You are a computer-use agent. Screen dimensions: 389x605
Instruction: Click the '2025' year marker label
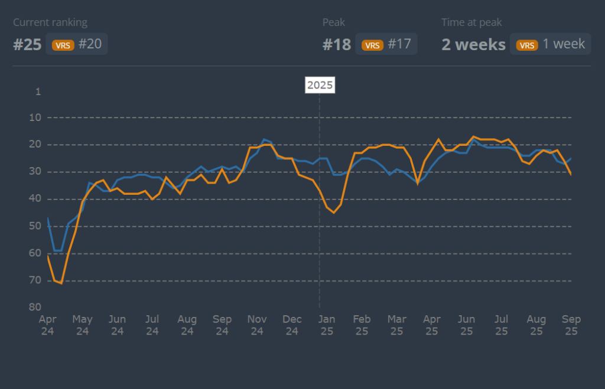coord(320,85)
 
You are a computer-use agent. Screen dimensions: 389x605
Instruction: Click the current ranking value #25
coord(27,45)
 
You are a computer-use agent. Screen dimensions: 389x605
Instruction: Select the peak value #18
coord(337,45)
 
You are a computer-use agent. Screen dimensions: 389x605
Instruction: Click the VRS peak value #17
coord(399,44)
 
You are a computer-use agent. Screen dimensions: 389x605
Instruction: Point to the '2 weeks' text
coord(474,45)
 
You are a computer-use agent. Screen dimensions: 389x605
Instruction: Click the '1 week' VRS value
coord(564,44)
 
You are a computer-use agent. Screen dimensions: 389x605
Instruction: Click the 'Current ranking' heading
coord(50,22)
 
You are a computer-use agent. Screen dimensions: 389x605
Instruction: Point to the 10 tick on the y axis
coord(35,117)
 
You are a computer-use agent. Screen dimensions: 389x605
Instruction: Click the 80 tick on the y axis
coord(35,307)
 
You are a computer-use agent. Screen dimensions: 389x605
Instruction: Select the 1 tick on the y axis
coord(38,91)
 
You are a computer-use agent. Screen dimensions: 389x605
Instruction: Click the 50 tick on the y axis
coord(35,226)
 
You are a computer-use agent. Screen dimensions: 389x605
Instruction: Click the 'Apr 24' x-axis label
coord(47,325)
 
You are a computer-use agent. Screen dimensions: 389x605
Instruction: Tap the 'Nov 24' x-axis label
coord(257,325)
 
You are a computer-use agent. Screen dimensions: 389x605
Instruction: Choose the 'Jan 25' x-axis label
coord(327,325)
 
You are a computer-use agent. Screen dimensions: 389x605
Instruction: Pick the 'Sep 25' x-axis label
coord(571,325)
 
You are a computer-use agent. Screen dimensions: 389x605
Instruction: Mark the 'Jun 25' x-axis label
coord(467,325)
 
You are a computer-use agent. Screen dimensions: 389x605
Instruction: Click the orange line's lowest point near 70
coord(61,283)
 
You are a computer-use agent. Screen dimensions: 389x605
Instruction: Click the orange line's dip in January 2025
coord(334,213)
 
